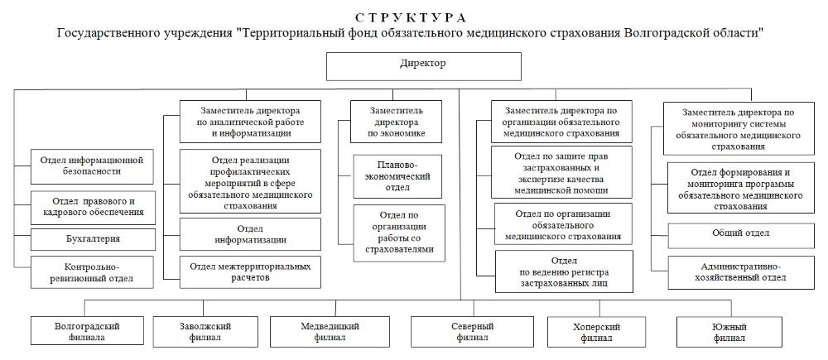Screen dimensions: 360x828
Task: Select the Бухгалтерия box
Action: [93, 240]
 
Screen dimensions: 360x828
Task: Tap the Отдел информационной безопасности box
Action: [93, 165]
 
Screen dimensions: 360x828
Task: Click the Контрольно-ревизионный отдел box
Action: [93, 273]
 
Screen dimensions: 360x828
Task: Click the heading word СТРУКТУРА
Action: [411, 17]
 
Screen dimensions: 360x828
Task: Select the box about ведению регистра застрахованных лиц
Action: [564, 271]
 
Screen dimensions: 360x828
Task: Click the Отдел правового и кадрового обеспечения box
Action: [93, 207]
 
